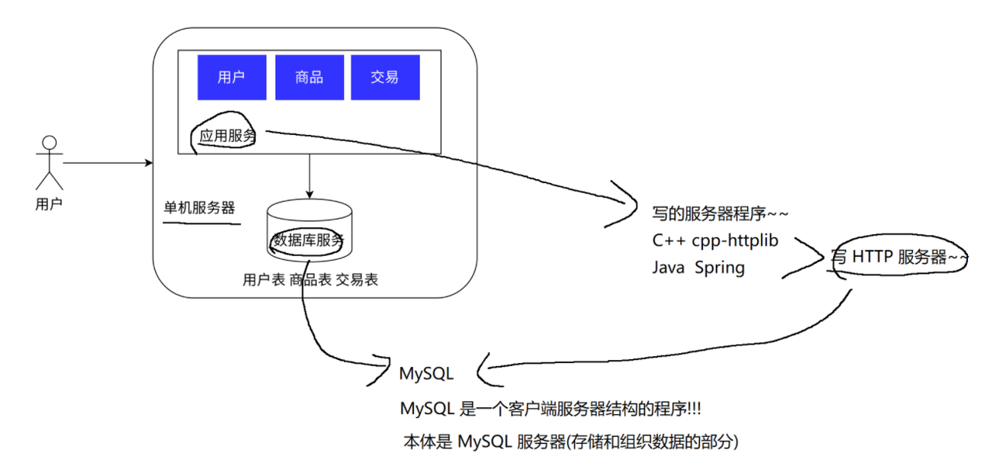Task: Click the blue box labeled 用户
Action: (x=231, y=78)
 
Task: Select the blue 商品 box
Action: (x=309, y=78)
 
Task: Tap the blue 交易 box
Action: (x=385, y=78)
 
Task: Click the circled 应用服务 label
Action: (x=227, y=136)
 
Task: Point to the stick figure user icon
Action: (x=50, y=162)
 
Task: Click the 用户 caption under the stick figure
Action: (x=49, y=205)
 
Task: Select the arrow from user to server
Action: (x=108, y=163)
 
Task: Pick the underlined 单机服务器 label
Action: (x=199, y=209)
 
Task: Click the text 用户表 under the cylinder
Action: (x=263, y=280)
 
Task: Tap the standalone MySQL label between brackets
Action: (x=426, y=373)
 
